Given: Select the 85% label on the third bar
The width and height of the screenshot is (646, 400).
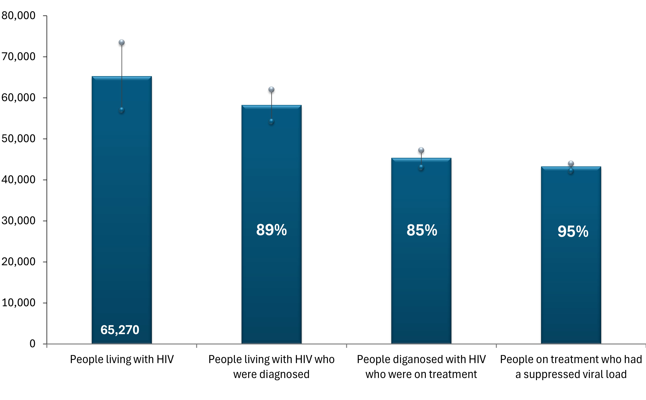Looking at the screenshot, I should click(422, 230).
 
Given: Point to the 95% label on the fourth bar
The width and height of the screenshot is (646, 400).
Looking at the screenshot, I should click(573, 231).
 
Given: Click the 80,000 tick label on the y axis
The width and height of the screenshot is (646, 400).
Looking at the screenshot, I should click(18, 16).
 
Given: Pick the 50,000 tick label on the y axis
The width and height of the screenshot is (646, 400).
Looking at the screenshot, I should click(18, 139).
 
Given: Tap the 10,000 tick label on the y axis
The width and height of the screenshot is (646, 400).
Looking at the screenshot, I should click(18, 303).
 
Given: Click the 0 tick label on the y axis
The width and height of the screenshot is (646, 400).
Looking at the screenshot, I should click(32, 344).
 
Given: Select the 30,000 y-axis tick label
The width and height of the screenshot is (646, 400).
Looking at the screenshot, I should click(18, 221).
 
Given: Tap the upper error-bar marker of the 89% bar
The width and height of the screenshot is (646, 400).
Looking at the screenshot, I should click(271, 90).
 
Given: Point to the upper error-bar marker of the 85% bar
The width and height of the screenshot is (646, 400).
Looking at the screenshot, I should click(421, 150).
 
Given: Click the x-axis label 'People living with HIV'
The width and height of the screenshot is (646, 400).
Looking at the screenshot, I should click(122, 360).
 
